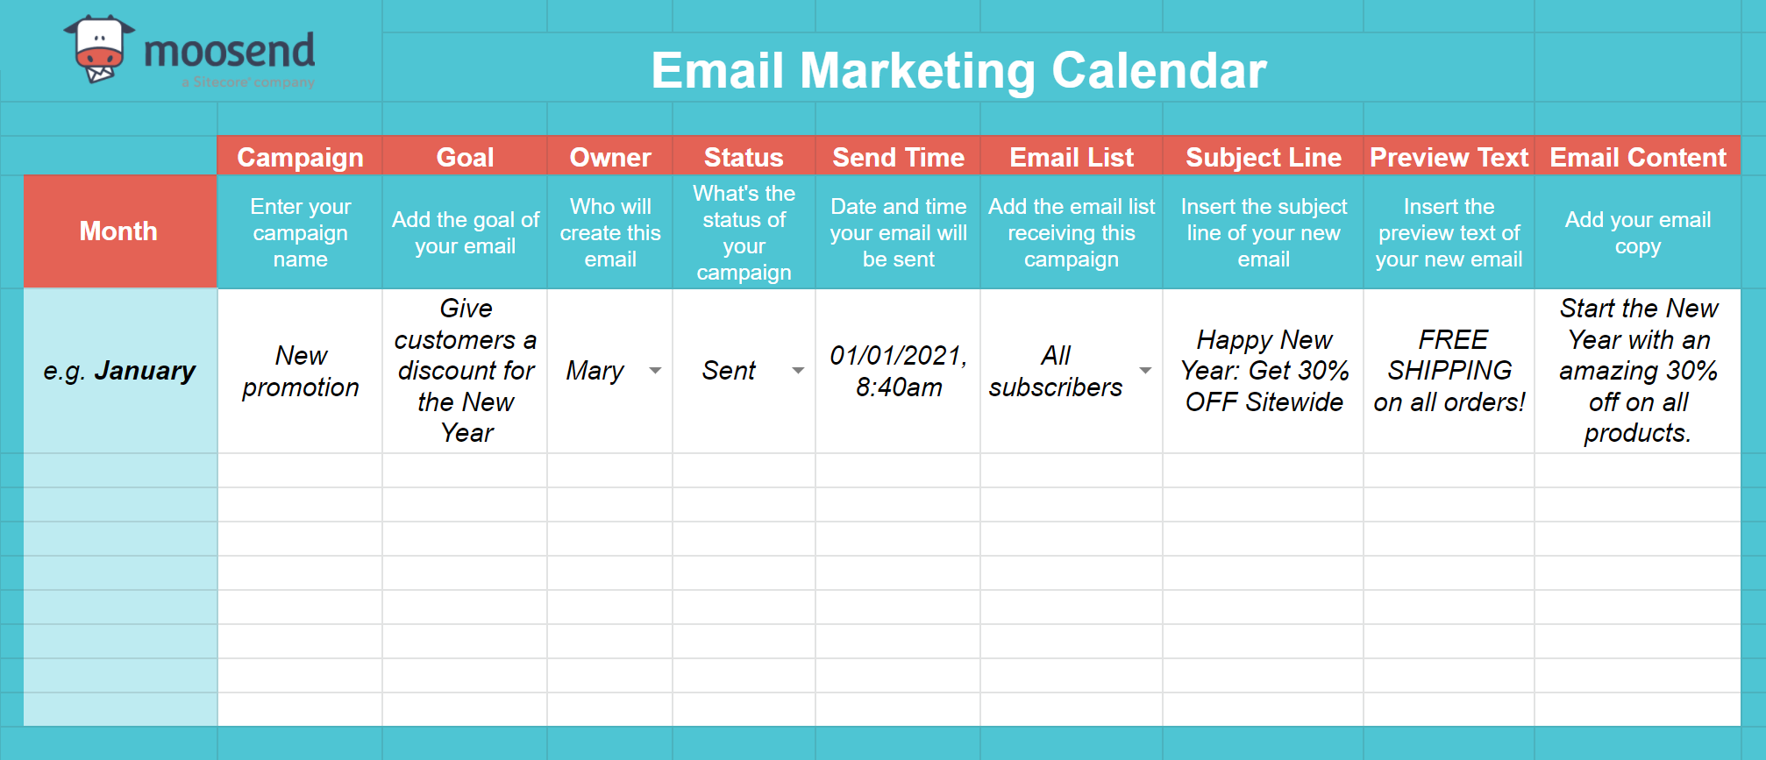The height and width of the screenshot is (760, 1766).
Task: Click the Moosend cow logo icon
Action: [x=98, y=50]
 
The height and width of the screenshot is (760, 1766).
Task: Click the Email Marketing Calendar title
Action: [x=958, y=70]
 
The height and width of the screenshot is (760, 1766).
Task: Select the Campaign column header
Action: [x=300, y=157]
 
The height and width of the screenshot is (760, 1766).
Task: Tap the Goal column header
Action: [x=465, y=157]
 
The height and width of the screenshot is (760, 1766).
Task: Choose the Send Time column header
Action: [x=898, y=157]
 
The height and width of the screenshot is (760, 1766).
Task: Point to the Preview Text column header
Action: [x=1449, y=157]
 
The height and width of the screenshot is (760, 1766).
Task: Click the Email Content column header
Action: [x=1637, y=157]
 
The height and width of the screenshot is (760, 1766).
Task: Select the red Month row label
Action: [x=119, y=231]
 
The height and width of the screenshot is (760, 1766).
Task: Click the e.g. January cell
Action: [x=120, y=371]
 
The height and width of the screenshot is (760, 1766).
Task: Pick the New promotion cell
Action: [x=300, y=371]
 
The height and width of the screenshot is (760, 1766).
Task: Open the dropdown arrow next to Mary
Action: [x=655, y=371]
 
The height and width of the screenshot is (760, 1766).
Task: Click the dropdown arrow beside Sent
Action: [x=798, y=371]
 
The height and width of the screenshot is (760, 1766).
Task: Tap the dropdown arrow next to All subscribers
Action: [x=1145, y=371]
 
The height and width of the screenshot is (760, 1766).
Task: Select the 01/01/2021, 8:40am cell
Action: [x=898, y=371]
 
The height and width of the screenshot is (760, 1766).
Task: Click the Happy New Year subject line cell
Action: [x=1264, y=371]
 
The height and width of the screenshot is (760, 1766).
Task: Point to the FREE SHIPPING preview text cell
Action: [x=1449, y=371]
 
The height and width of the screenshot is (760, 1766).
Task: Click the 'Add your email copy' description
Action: [x=1637, y=232]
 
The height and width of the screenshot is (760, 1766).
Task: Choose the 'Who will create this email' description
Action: [x=610, y=232]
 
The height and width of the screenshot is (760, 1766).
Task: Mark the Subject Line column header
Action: [x=1264, y=157]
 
